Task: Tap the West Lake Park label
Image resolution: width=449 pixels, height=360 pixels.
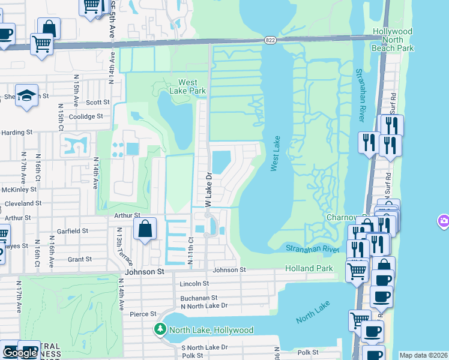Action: pyautogui.click(x=192, y=86)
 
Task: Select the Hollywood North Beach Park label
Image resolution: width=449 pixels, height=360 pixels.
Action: pyautogui.click(x=393, y=39)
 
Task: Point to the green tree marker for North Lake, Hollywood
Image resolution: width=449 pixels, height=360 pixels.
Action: pyautogui.click(x=160, y=329)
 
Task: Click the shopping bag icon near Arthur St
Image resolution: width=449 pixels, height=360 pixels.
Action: pyautogui.click(x=145, y=229)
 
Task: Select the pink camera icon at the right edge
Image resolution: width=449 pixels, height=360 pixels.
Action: pyautogui.click(x=444, y=221)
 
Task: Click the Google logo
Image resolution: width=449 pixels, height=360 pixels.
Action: pyautogui.click(x=19, y=353)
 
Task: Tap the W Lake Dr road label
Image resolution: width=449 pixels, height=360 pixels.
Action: pyautogui.click(x=209, y=191)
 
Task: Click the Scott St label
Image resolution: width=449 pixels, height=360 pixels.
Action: pyautogui.click(x=97, y=103)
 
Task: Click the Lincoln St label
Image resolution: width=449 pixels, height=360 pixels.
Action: pyautogui.click(x=194, y=283)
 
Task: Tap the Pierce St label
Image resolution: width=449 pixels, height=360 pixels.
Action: pyautogui.click(x=143, y=314)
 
